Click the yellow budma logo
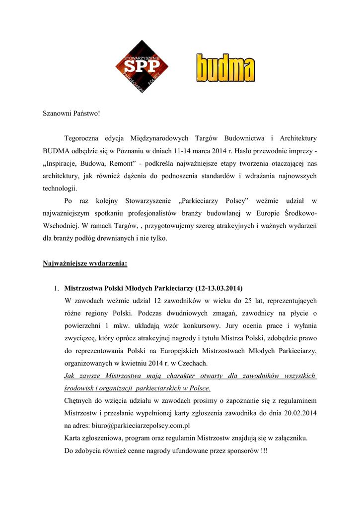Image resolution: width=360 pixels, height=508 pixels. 225,67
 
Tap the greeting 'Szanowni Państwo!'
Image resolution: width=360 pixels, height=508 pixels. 71,114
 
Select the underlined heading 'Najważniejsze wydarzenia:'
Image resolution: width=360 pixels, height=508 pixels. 85,263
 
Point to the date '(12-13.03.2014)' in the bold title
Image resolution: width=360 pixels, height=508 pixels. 219,288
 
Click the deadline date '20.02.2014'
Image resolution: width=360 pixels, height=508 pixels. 298,413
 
